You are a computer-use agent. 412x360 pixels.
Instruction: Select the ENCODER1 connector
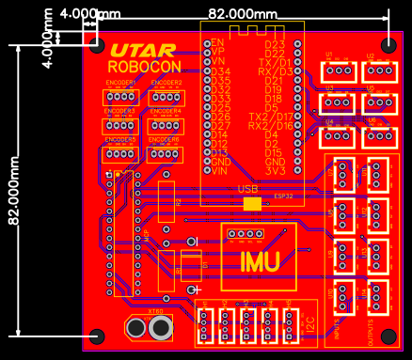pos(120,97)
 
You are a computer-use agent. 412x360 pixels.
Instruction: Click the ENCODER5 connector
pos(120,153)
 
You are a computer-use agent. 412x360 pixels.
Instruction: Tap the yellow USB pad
pos(251,203)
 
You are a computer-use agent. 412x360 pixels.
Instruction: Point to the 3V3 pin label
pos(275,171)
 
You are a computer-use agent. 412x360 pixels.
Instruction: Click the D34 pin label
pos(219,71)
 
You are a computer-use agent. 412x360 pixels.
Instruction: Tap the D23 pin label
pos(275,44)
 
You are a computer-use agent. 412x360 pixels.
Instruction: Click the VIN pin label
pos(219,171)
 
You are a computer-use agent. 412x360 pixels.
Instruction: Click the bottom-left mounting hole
pos(96,335)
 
